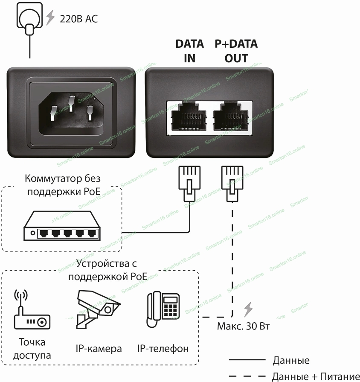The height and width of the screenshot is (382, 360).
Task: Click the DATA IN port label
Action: [x=190, y=51]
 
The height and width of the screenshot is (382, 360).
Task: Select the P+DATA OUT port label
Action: [x=236, y=51]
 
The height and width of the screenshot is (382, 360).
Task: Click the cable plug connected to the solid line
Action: [x=189, y=183]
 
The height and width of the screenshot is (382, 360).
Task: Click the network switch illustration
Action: [x=61, y=227]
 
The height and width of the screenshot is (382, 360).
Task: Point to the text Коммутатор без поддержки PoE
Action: [x=63, y=185]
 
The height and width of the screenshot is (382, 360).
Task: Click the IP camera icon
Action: [x=98, y=310]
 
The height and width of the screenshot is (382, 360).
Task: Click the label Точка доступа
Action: [x=32, y=349]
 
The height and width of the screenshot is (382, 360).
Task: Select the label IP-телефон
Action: [x=163, y=348]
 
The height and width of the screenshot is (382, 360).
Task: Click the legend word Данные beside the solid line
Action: [x=291, y=361]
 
